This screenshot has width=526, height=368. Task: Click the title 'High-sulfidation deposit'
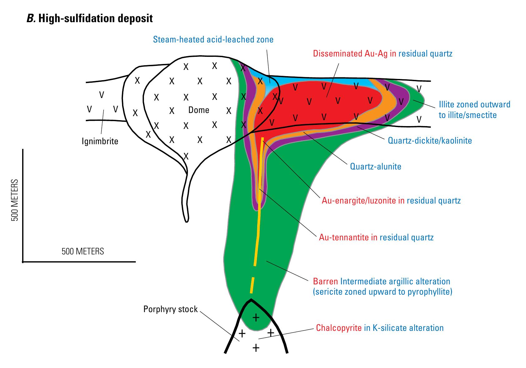coord(95,18)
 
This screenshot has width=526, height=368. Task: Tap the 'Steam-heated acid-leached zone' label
coord(213,40)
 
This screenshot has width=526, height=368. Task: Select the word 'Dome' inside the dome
coord(199,110)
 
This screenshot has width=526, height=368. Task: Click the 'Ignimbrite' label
coord(100,141)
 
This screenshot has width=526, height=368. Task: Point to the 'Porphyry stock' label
coord(170,309)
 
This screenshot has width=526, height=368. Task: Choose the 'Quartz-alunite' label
coord(375,166)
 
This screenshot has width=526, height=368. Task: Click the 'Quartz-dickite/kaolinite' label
coord(430,140)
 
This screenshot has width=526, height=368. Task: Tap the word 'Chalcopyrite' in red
coord(339,328)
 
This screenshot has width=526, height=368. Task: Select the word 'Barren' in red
coord(325,281)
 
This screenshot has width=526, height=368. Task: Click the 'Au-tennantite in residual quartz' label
coord(376,238)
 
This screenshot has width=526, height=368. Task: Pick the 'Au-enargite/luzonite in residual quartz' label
coord(391,200)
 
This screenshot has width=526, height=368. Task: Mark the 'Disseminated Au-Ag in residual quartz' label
coord(382,53)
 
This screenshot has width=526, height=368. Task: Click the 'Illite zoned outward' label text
coord(474,104)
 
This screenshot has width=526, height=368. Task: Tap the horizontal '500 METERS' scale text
coord(83,251)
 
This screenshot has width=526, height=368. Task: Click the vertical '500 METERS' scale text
coord(15,200)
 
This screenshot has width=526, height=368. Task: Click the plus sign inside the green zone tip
coord(256,318)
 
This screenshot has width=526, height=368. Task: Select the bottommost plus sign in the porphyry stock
coord(256,347)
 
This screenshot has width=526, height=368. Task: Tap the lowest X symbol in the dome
coord(186,156)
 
